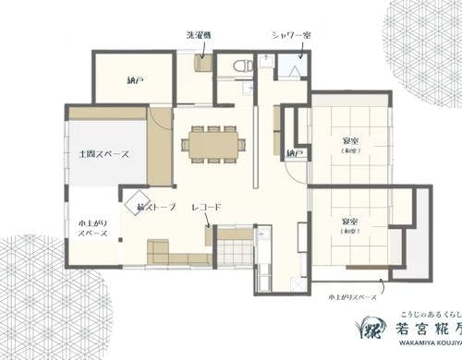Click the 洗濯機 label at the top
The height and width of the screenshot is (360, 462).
(x=199, y=35)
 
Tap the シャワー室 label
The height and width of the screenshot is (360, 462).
(x=290, y=34)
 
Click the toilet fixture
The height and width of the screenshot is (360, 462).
(x=240, y=66)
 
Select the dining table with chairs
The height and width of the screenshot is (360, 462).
(x=214, y=144)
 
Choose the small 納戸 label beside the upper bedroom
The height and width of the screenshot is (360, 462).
(x=296, y=152)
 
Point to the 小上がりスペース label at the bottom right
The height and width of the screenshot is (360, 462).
(x=352, y=297)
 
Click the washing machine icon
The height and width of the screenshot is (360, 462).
(x=202, y=64)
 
